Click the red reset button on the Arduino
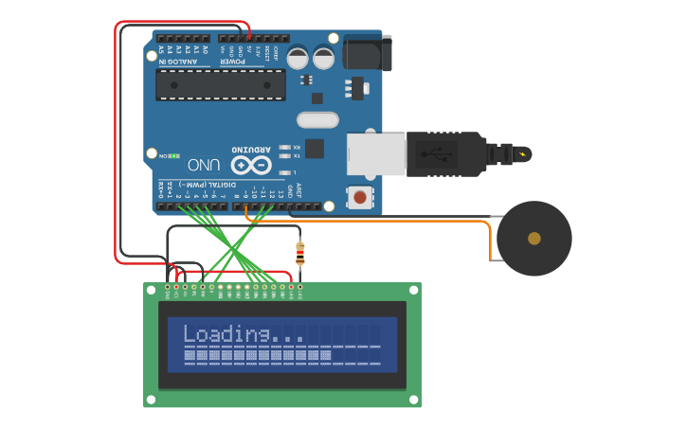(361, 198)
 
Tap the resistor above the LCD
(300, 253)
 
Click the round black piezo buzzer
(533, 239)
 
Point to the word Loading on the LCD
(226, 333)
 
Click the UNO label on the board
(205, 164)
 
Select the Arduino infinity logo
(251, 165)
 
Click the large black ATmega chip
(220, 84)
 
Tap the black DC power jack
(367, 52)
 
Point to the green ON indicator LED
(175, 156)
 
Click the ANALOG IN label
(179, 62)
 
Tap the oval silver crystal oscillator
(316, 119)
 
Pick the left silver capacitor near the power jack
(298, 58)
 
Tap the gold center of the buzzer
(534, 239)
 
